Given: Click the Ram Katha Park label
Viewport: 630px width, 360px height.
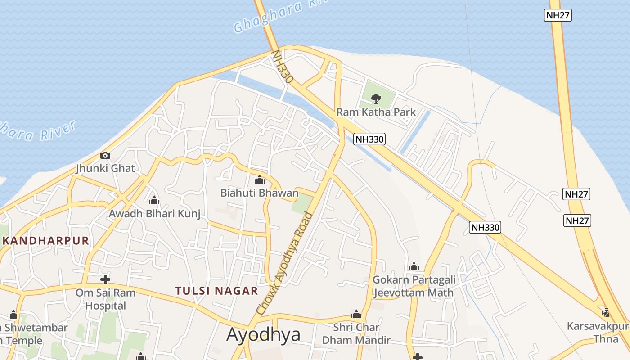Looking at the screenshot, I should pos(376,112).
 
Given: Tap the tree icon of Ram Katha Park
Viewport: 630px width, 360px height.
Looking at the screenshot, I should pos(376,98).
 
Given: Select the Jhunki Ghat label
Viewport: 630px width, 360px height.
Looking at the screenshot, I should pos(105,169).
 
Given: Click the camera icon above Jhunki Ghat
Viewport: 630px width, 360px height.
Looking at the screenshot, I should pos(105,156).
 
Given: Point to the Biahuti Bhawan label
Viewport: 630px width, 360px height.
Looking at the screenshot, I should pos(259,193).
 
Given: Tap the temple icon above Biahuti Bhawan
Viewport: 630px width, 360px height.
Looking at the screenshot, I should pos(259,180).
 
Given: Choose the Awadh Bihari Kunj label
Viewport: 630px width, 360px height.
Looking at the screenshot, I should pos(154,213).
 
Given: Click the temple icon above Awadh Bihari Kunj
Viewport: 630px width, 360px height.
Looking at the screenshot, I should pos(154,200).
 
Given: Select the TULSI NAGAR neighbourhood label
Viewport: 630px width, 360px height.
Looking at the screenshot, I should pos(217,291).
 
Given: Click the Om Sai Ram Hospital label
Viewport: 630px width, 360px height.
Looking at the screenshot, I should pos(105,299).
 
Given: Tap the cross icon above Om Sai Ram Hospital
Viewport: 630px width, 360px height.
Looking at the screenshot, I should pos(105,279).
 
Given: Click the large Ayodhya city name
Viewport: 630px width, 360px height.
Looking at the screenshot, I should pos(263,334).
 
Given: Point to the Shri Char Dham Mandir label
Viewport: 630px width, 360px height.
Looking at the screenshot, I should pos(356,333).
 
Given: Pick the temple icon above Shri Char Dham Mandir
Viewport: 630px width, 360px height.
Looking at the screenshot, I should pos(356,314).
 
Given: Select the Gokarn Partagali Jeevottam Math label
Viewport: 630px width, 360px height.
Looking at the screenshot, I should pos(414,286).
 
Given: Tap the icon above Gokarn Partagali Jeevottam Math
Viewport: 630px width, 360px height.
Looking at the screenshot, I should pos(414,266).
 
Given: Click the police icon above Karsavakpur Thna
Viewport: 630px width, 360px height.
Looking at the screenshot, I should pos(605,312).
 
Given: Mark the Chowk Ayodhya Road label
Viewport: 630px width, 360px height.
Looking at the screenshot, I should pos(284,264).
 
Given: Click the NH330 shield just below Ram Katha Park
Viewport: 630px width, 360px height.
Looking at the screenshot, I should pos(369,139).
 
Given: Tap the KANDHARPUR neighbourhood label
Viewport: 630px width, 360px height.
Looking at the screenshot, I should pos(45,240).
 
